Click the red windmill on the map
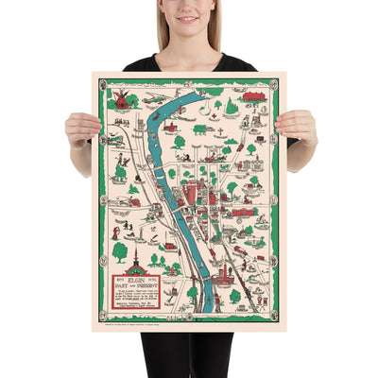pos(121,98)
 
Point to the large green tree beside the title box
pos(120,251)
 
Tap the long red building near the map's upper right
pos(252,96)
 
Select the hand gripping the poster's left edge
pos(80,129)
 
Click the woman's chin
pos(190,31)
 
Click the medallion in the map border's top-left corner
pos(101,83)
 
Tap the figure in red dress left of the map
pos(116,232)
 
